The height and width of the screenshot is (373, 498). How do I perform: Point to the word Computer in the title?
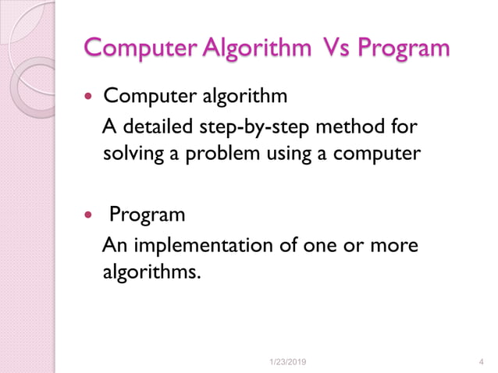coord(141,48)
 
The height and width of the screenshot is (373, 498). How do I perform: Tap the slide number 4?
coord(478,361)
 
